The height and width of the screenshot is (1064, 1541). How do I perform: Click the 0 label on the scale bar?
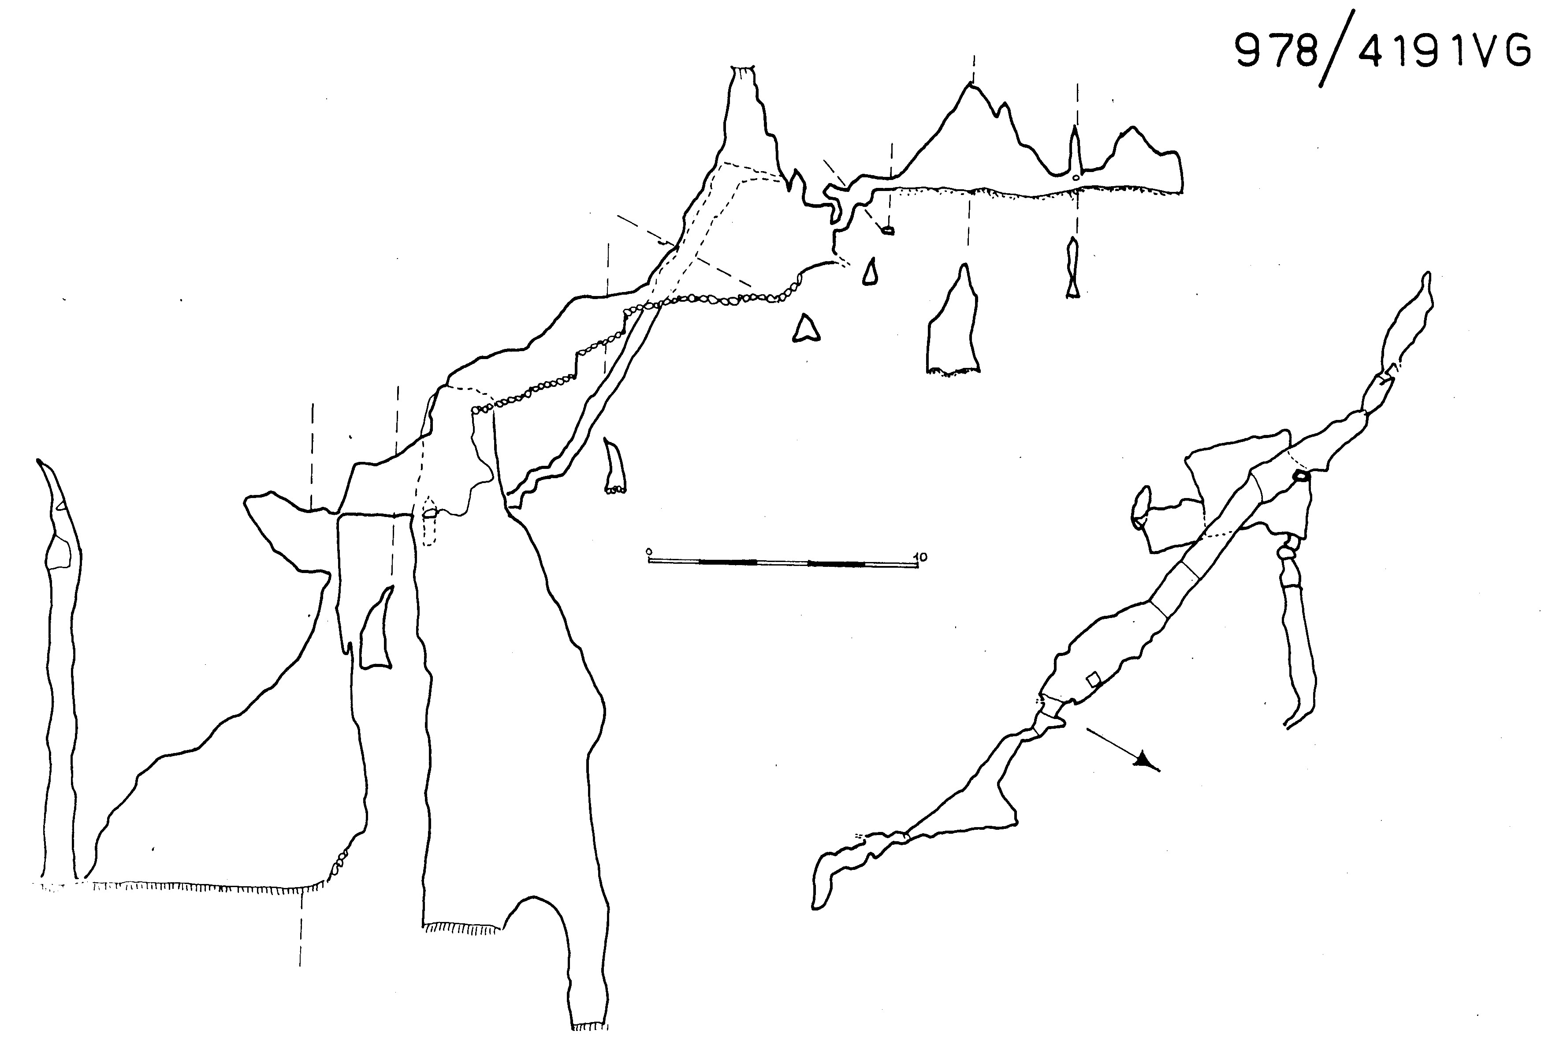[x=649, y=552]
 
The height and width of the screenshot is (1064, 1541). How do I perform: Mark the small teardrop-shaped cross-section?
[x=869, y=272]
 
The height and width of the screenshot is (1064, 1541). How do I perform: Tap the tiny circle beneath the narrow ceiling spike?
[x=1075, y=178]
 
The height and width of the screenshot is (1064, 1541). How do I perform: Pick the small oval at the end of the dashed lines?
[x=887, y=231]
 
